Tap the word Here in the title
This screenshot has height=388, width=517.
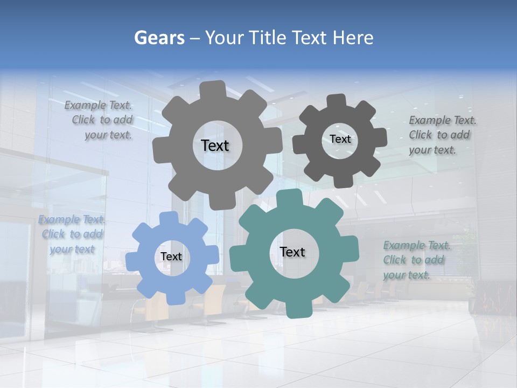pos(353,38)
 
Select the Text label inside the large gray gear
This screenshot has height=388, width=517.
pos(215,145)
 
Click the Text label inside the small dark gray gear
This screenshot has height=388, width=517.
pos(340,139)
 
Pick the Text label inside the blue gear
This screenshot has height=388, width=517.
pos(171,257)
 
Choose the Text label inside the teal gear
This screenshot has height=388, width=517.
pos(292,252)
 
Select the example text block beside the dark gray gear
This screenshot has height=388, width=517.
pos(442,135)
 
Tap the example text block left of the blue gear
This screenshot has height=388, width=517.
pos(72,234)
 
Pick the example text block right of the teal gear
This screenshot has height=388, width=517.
pos(416,260)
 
